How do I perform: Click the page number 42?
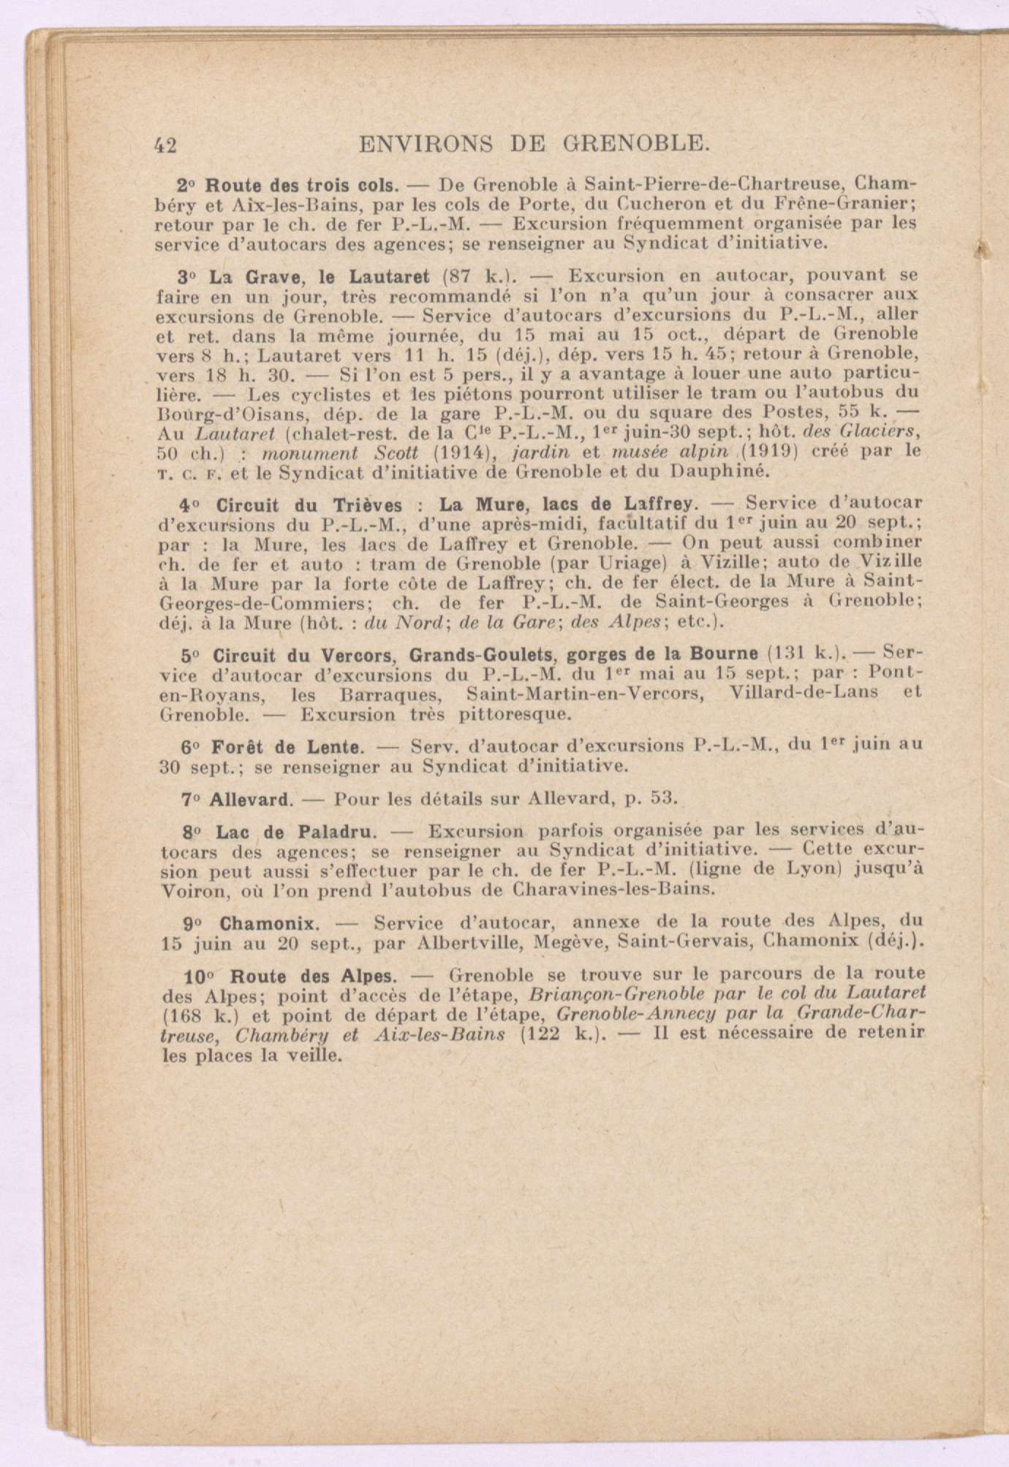pyautogui.click(x=167, y=145)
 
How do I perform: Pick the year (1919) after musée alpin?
pyautogui.click(x=804, y=450)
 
